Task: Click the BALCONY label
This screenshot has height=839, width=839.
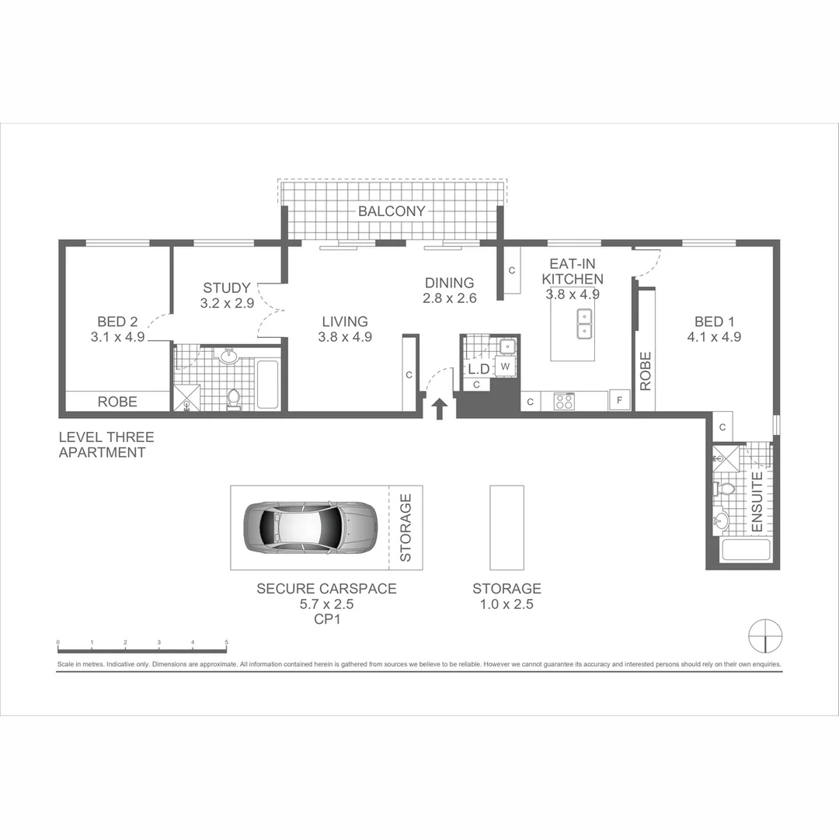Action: click(392, 211)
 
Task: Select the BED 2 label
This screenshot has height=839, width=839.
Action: click(117, 322)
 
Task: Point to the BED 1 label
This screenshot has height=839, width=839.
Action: click(714, 322)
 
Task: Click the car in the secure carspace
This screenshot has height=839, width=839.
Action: click(310, 527)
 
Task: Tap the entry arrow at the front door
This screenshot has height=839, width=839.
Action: click(440, 409)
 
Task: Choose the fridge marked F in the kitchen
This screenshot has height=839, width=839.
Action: click(619, 401)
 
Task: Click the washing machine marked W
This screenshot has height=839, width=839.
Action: click(506, 366)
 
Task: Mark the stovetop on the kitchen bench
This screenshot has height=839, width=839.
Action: click(562, 401)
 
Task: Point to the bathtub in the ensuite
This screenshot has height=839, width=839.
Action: click(746, 552)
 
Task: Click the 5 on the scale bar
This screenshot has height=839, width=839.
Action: click(226, 643)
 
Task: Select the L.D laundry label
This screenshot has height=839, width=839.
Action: click(477, 367)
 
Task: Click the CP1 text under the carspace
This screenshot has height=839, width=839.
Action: click(326, 620)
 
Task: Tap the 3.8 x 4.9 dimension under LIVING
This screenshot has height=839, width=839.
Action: click(345, 337)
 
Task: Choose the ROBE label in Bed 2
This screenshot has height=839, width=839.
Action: click(117, 402)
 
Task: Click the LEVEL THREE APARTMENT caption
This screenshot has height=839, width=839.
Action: click(106, 445)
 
